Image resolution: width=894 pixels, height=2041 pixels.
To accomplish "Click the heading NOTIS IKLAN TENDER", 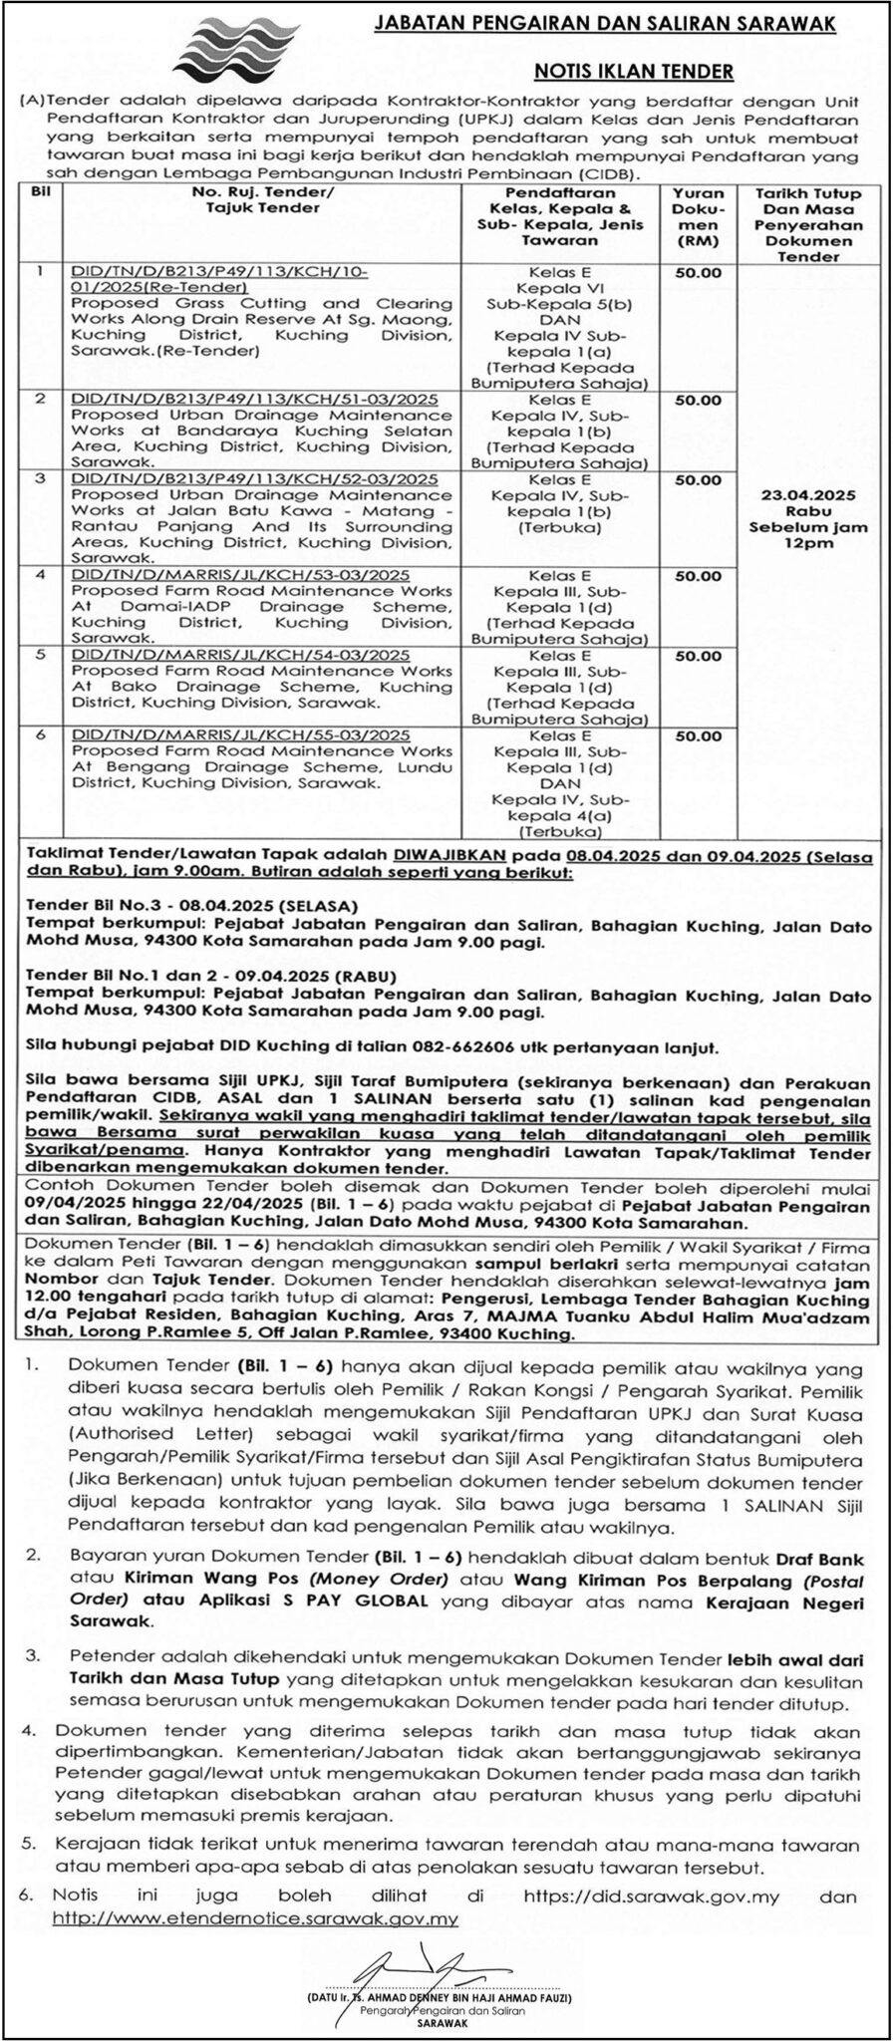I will point(634,71).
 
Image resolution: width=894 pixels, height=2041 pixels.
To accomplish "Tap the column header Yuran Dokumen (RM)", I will point(699,216).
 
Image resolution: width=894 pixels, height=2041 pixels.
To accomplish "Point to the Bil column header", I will point(41,192).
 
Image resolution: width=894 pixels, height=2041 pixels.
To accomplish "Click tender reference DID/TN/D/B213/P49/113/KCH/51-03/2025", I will point(254,400).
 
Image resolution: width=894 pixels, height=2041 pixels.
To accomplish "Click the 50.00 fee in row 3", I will point(699,479).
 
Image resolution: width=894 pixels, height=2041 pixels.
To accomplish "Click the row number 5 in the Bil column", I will point(41,656).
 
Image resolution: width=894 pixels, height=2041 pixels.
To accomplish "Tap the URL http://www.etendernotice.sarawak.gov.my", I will point(255,1917).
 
